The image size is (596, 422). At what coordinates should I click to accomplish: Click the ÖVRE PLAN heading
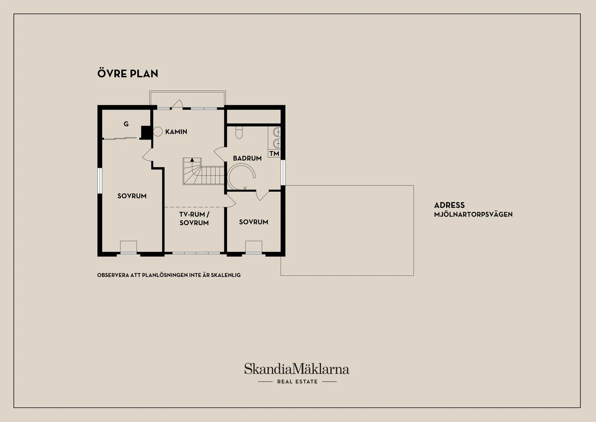tap(128, 73)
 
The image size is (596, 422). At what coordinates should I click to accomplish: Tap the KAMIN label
tap(176, 132)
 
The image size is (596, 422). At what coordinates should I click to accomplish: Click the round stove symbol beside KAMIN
tap(158, 132)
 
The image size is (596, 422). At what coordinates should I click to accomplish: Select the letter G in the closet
tap(126, 124)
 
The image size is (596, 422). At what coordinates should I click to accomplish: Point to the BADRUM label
tap(247, 158)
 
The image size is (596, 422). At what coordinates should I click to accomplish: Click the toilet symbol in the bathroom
tap(239, 132)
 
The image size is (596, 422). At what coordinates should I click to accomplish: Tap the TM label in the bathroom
tap(274, 153)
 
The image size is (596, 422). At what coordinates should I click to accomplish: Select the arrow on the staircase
tap(192, 160)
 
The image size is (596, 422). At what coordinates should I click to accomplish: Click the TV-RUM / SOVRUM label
tap(194, 218)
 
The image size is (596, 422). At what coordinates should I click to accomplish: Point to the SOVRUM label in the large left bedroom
tap(132, 196)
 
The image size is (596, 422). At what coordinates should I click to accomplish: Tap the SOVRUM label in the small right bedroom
tap(254, 222)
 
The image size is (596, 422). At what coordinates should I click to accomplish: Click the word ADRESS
tap(449, 205)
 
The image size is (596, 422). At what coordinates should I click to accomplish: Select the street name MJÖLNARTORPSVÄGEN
tap(473, 214)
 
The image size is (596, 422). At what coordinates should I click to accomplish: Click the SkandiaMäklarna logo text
tap(297, 369)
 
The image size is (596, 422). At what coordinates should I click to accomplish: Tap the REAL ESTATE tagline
tap(298, 382)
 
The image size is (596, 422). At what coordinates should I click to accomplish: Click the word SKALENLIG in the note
tap(226, 275)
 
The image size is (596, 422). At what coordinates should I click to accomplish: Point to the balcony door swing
tap(177, 104)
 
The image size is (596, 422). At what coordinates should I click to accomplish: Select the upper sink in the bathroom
tap(277, 131)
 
